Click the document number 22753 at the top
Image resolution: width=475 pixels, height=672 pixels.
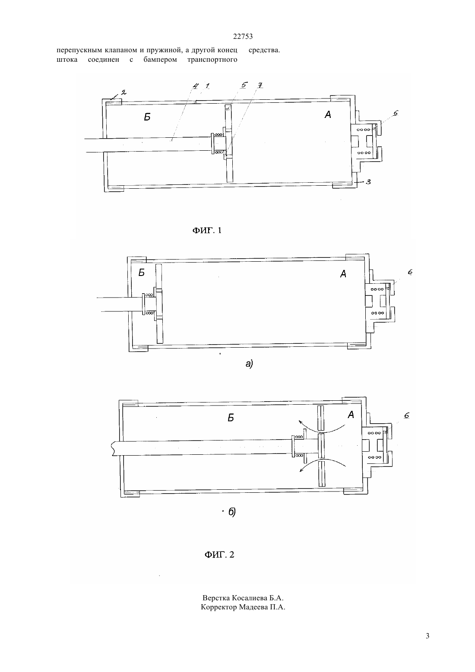click(x=243, y=36)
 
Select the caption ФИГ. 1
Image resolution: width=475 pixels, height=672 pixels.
click(x=206, y=230)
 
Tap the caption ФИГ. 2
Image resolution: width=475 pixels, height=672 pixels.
click(x=219, y=555)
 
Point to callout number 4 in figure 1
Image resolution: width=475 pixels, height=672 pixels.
click(x=195, y=86)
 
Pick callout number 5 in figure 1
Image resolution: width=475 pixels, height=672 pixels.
click(x=244, y=85)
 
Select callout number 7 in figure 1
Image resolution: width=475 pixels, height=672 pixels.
click(x=260, y=86)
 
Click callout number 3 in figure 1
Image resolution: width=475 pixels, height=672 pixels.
click(x=368, y=181)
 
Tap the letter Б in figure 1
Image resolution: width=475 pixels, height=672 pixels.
click(x=147, y=117)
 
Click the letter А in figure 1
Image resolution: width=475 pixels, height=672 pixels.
click(x=328, y=114)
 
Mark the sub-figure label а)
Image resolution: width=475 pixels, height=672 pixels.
click(x=249, y=364)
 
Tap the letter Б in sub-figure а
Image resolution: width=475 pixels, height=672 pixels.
click(x=142, y=273)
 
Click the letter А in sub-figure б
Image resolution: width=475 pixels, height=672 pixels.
click(x=351, y=415)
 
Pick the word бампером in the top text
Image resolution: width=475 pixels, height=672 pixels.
click(x=160, y=60)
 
